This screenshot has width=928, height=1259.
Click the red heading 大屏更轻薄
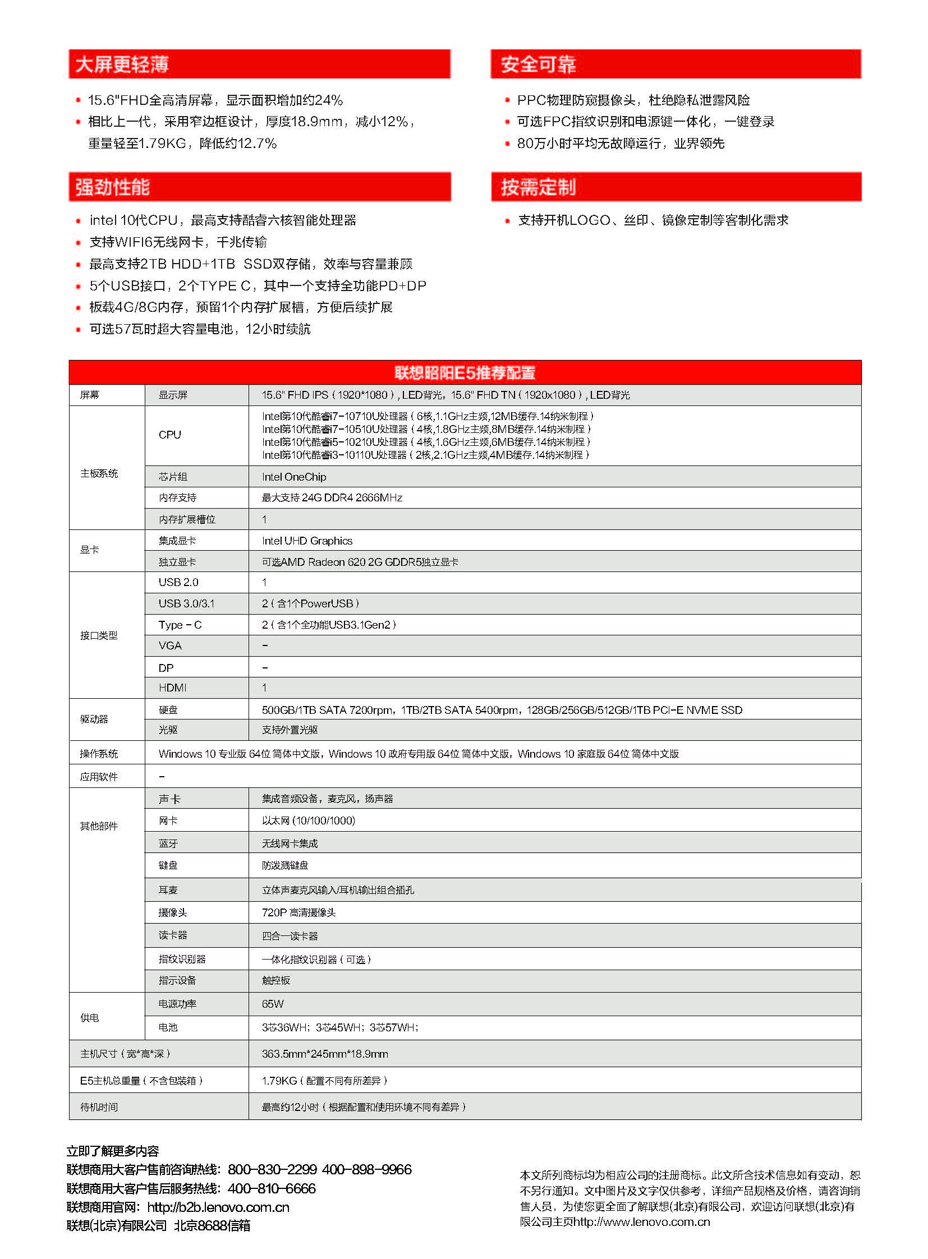point(121,64)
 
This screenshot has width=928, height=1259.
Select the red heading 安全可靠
point(537,64)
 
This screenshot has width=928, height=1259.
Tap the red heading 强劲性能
point(112,187)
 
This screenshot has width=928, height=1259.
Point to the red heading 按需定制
point(537,187)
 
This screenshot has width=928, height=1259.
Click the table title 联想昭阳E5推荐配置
point(465,372)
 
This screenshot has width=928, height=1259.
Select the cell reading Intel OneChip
point(294,477)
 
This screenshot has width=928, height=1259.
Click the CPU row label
point(169,435)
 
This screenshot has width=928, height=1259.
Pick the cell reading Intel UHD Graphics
point(307,541)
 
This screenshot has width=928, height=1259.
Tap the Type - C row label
point(180,625)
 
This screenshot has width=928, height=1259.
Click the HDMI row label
point(172,688)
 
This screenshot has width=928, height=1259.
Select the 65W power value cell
point(273,1003)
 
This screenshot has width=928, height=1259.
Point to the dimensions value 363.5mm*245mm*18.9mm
point(325,1054)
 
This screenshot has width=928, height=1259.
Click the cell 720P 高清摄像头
point(298,912)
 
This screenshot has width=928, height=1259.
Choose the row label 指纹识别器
point(182,959)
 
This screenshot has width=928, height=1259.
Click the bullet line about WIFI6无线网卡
point(178,242)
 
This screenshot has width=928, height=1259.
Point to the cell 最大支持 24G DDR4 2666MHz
point(332,497)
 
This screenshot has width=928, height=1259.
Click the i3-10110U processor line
point(425,455)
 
